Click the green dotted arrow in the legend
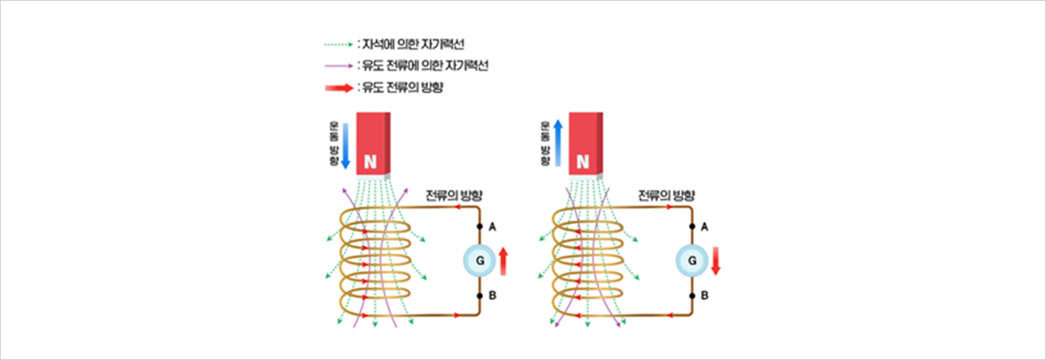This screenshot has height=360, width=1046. (x=337, y=43)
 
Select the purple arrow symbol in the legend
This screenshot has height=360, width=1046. (x=337, y=65)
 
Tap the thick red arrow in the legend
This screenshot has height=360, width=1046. (x=337, y=88)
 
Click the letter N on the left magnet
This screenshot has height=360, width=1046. (x=370, y=161)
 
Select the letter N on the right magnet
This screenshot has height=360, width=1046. (x=583, y=161)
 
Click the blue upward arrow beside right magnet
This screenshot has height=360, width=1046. (x=558, y=143)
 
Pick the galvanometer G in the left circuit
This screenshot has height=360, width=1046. (x=479, y=260)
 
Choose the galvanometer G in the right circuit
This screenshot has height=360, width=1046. (x=692, y=260)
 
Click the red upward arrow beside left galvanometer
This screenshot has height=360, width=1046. (x=503, y=260)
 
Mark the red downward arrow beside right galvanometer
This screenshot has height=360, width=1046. (x=716, y=260)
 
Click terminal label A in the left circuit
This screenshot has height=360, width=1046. (x=492, y=227)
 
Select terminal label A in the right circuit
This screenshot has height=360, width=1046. (x=705, y=227)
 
